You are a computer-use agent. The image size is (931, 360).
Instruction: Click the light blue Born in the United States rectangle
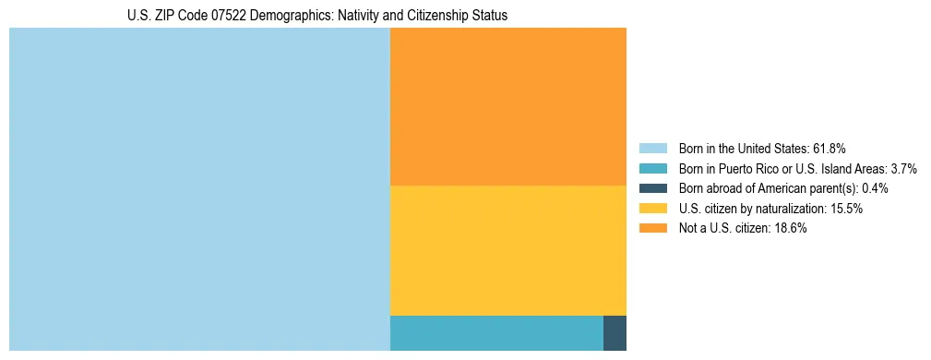tap(199, 189)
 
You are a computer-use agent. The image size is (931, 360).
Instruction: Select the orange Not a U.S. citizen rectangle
tap(507, 106)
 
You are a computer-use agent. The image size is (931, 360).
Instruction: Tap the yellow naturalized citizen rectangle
tap(507, 250)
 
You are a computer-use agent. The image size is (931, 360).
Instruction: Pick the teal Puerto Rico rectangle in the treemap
tap(496, 332)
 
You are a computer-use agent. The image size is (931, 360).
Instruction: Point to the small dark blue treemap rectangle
tap(615, 332)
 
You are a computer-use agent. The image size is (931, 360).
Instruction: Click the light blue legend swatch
tap(652, 148)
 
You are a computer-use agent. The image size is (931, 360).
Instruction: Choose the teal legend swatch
tap(652, 168)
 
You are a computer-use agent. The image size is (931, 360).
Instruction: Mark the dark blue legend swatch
tap(652, 188)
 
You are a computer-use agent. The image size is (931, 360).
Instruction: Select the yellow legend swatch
tap(652, 209)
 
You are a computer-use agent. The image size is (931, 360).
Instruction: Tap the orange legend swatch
tap(652, 229)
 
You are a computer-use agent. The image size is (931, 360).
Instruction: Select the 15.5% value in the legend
tap(845, 209)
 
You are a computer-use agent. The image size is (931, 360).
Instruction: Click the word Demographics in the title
tap(295, 16)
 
